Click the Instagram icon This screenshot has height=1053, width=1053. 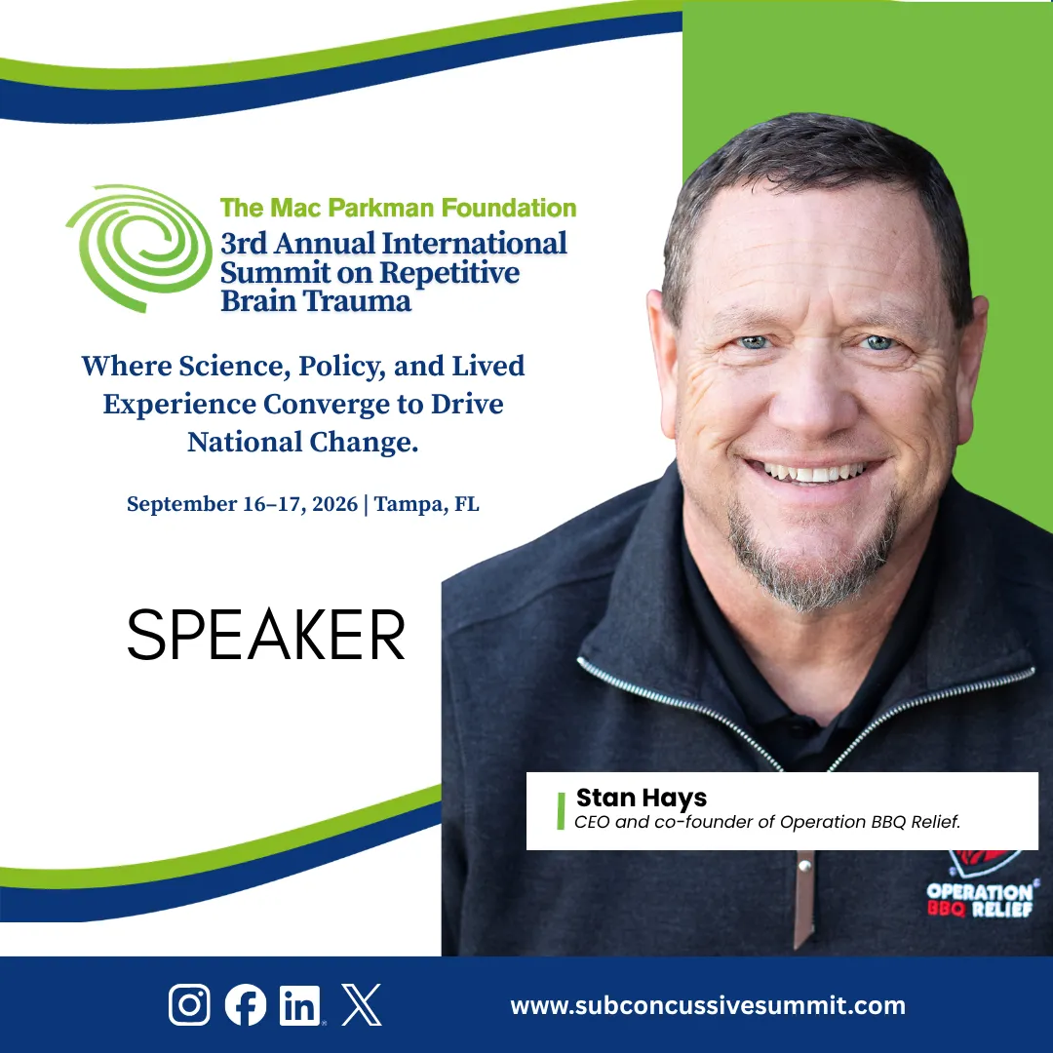(189, 1004)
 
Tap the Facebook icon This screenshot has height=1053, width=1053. (245, 1004)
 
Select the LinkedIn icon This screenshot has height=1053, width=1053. (300, 1005)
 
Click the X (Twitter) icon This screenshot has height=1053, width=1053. (362, 1004)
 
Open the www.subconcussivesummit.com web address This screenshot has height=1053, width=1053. (708, 1006)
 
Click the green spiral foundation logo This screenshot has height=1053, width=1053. (139, 248)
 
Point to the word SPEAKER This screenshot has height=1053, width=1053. (266, 635)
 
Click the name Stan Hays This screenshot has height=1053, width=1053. (642, 798)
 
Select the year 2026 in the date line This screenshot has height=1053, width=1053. (334, 504)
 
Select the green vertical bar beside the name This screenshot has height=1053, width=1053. (561, 810)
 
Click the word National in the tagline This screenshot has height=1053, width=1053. (245, 442)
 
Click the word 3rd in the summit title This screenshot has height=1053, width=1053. (244, 243)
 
